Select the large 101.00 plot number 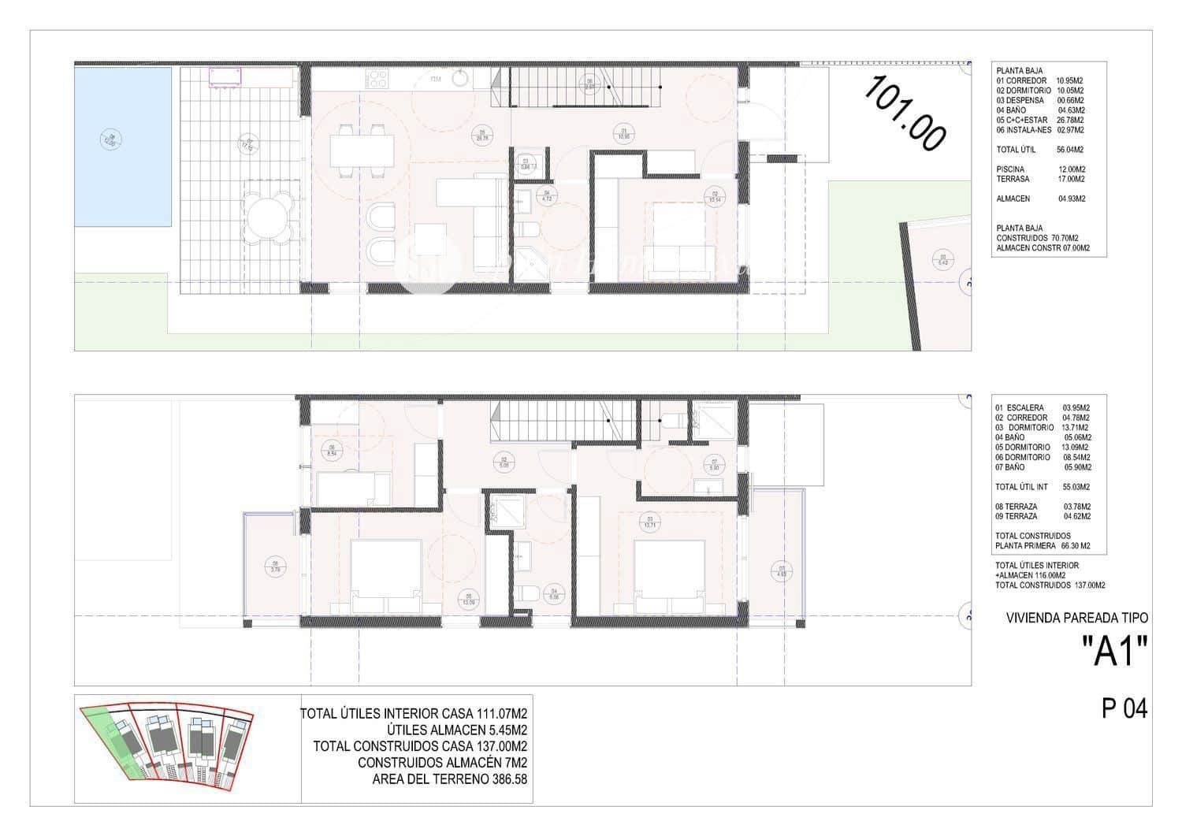coord(905,113)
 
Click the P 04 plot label coord(1124,709)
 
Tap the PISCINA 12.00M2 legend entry coord(1040,169)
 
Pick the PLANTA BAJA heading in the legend coord(1020,71)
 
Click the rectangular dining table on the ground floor coord(362,150)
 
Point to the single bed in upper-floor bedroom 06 coord(354,489)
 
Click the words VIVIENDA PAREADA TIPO coord(1077,619)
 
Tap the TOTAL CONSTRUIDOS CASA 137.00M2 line coord(420,746)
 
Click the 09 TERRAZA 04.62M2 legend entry coord(1043,516)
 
